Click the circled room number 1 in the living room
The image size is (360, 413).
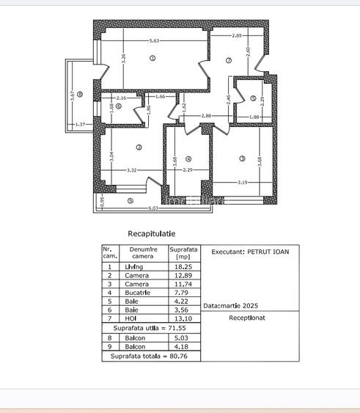tap(153, 58)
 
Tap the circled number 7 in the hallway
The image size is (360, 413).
tap(229, 60)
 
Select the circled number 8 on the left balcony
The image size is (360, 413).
tap(79, 94)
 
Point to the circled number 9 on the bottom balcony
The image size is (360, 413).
tap(130, 201)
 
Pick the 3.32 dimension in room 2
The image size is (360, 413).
tap(132, 170)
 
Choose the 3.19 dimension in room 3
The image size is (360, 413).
tap(241, 181)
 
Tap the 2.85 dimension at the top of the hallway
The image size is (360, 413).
tap(237, 36)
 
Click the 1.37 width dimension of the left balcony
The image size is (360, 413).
tap(80, 125)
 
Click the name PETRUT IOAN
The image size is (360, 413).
tap(269, 252)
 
